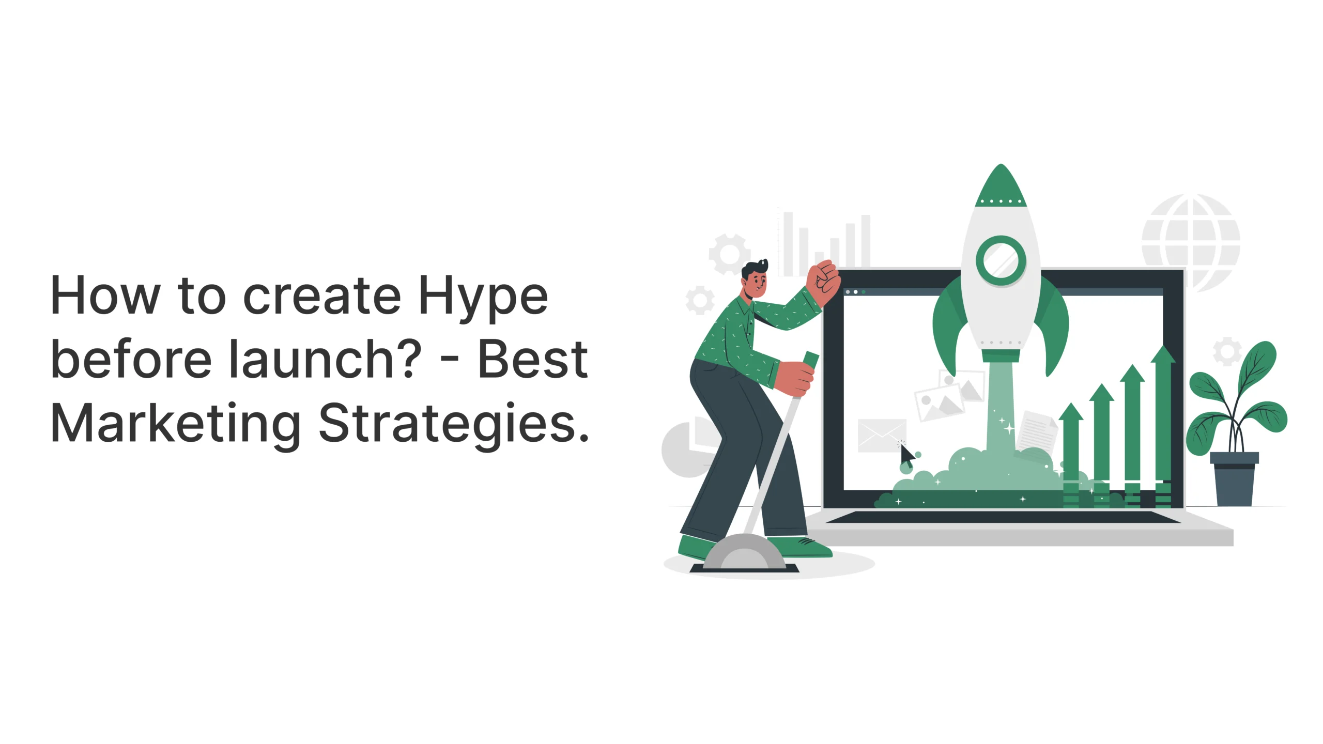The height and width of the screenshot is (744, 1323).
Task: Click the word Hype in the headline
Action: (x=483, y=297)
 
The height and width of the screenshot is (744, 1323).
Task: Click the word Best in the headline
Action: (x=533, y=359)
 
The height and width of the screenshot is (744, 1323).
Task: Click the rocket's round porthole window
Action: (x=1001, y=260)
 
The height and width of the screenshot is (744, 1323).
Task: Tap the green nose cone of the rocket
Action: (x=1001, y=186)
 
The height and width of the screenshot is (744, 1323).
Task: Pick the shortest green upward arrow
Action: (x=1071, y=455)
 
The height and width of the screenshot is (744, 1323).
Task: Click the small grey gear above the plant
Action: (x=1227, y=351)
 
